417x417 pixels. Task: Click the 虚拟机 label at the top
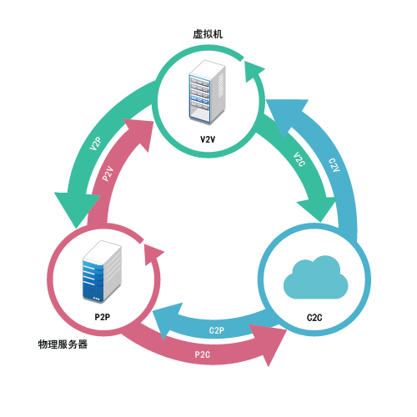point(208,34)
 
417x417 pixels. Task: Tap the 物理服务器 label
point(63,344)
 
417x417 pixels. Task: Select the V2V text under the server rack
point(208,139)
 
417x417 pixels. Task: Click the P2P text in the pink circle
point(103,317)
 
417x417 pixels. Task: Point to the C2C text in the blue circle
point(314,318)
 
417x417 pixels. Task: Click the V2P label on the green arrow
point(95,143)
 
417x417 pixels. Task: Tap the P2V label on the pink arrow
point(108,173)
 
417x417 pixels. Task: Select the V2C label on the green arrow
point(299,159)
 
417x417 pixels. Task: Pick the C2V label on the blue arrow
point(334,165)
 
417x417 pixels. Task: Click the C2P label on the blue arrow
point(217,330)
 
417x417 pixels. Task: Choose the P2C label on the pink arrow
point(203,354)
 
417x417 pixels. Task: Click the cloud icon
point(316,277)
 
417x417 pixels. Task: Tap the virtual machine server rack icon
point(207,92)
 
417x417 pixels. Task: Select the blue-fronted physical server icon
point(102,272)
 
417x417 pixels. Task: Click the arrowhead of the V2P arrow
point(77,208)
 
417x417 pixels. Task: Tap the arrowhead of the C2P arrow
point(167,319)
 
